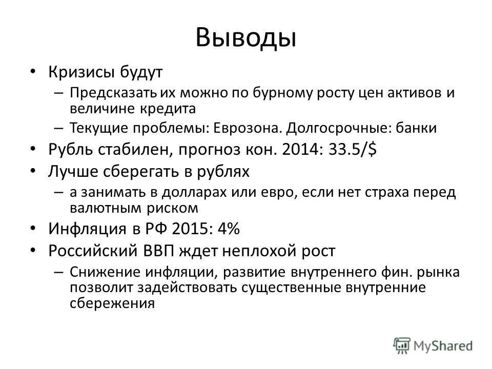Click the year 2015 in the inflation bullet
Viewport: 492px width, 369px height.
(x=193, y=229)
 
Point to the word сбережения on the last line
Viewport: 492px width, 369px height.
(x=112, y=303)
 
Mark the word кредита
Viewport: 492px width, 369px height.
(x=172, y=108)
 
